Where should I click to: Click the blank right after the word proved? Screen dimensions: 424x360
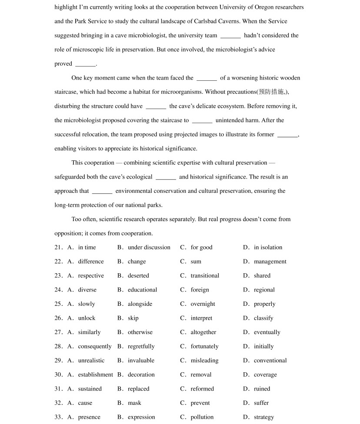click(85, 64)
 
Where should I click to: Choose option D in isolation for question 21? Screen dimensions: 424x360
click(268, 248)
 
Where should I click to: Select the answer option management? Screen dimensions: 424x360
click(270, 262)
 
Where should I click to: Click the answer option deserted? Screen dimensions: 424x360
click(138, 276)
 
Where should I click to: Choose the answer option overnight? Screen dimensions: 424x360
click(203, 304)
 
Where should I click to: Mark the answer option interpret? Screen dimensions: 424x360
click(201, 318)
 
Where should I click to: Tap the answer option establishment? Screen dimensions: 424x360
click(95, 374)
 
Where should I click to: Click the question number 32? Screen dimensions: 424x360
click(59, 403)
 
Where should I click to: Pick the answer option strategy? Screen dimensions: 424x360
click(263, 417)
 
